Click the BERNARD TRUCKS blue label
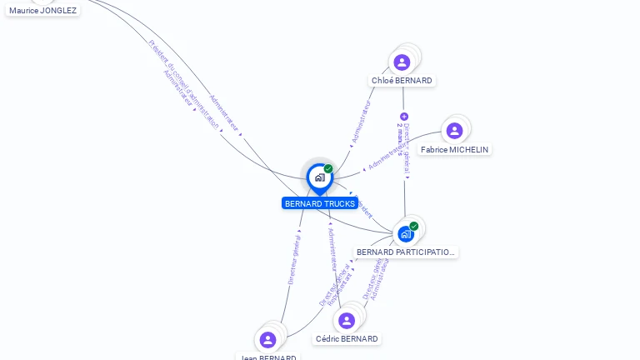tap(320, 203)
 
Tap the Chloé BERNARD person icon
tap(402, 62)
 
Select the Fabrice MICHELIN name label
tap(454, 150)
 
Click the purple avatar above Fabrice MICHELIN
tap(454, 131)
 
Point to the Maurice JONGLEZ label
tap(42, 10)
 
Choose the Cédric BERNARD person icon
tap(347, 320)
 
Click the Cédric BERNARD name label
tap(347, 339)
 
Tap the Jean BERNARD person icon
tap(267, 339)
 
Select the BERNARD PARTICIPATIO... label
tap(406, 252)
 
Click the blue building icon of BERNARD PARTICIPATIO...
tap(406, 234)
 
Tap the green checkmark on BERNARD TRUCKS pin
tap(328, 169)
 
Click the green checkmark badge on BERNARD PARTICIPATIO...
tap(414, 226)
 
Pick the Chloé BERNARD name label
tap(402, 81)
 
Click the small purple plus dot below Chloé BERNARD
tap(404, 117)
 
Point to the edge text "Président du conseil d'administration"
tap(184, 83)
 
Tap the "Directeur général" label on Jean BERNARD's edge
tap(293, 257)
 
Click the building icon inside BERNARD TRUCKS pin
tap(319, 177)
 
